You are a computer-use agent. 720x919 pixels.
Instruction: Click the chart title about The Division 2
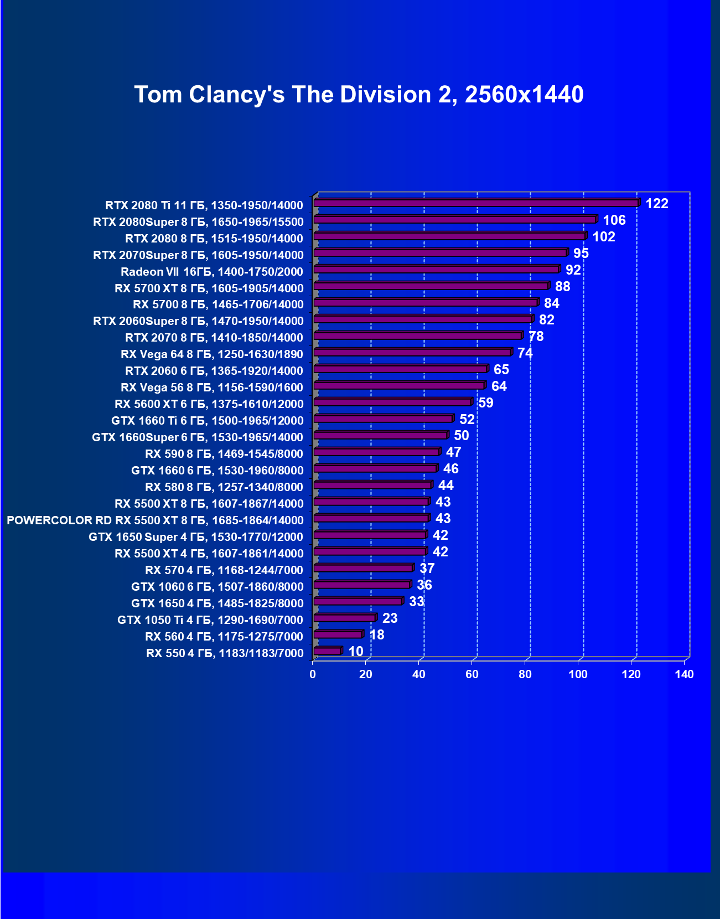(359, 95)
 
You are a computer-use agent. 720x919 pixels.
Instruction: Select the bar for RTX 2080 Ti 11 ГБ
(476, 203)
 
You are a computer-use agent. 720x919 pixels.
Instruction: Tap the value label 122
(657, 204)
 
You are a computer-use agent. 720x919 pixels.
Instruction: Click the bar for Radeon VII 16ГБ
(436, 270)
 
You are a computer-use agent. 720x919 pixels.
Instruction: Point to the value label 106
(614, 220)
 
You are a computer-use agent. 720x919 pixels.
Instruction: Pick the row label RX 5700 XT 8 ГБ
(209, 288)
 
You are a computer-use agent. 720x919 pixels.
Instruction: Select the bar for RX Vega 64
(412, 353)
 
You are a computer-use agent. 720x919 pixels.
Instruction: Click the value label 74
(525, 353)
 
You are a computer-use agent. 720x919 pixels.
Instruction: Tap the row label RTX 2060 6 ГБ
(214, 371)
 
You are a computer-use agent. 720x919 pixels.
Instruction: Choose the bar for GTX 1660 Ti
(383, 419)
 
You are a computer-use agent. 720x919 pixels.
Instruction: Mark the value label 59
(485, 403)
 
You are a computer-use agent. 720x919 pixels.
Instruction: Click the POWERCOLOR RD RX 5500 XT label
(155, 520)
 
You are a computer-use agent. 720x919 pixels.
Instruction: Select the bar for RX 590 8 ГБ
(376, 452)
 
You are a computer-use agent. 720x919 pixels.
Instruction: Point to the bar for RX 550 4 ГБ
(327, 651)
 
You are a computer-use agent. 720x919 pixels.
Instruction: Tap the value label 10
(356, 652)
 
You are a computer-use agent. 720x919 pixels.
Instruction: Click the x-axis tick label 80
(525, 674)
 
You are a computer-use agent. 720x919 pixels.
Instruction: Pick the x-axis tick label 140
(684, 674)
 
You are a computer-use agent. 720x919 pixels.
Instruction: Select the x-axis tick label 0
(313, 674)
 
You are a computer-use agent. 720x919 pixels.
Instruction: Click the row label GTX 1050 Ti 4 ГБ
(210, 620)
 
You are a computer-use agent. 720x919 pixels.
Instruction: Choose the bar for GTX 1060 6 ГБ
(361, 585)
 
